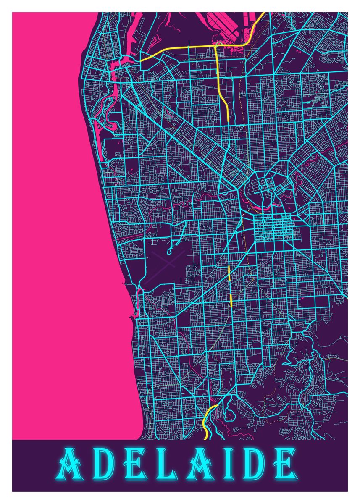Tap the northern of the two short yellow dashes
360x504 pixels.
tap(229, 273)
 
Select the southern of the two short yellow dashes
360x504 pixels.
tap(231, 302)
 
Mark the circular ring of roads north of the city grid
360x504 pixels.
tap(261, 185)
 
